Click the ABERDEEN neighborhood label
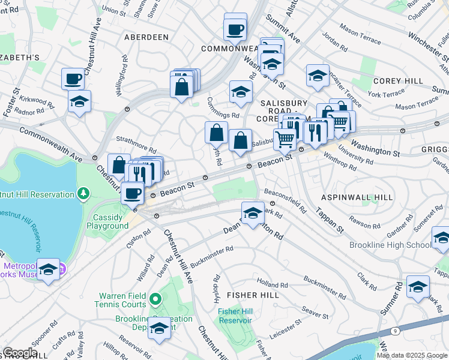[x=146, y=37]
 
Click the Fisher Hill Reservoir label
[x=235, y=316]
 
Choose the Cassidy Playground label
[x=110, y=221]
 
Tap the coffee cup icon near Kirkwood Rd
[x=73, y=79]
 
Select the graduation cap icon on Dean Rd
[x=253, y=212]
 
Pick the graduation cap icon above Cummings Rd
[x=240, y=92]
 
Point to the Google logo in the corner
[x=20, y=352]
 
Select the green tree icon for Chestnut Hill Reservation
[x=83, y=193]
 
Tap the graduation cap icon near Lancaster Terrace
[x=318, y=75]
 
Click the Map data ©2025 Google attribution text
[x=412, y=355]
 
